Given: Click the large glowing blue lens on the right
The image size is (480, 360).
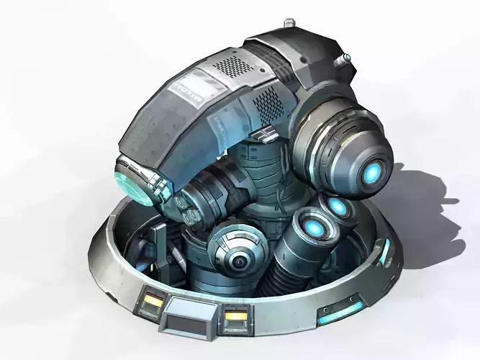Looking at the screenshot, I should click(372, 171).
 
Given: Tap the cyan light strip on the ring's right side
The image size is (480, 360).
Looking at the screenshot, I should click(385, 253).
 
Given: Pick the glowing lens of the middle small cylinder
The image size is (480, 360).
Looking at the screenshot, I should click(338, 207).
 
